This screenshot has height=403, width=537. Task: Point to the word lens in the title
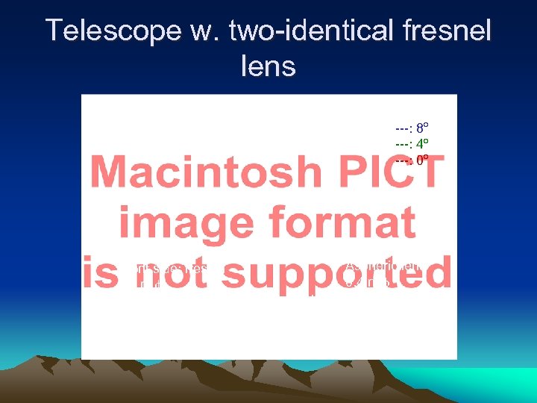[x=268, y=66]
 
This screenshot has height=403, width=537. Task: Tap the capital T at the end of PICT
[x=428, y=172]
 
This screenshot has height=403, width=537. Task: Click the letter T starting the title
[x=54, y=31]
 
